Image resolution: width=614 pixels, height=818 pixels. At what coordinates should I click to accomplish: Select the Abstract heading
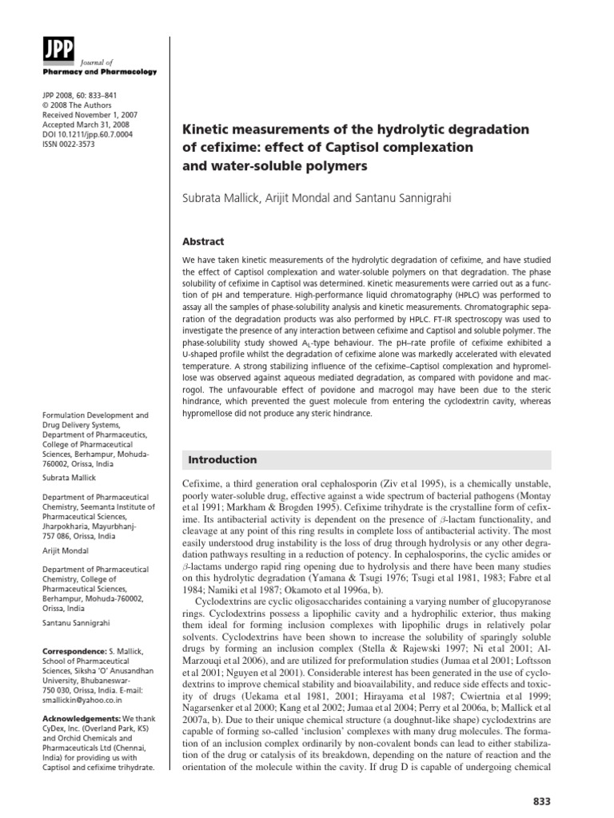[x=205, y=241]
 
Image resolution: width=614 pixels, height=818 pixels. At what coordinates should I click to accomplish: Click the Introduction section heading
[x=221, y=459]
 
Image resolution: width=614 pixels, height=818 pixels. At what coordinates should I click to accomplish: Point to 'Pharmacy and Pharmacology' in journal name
[x=106, y=72]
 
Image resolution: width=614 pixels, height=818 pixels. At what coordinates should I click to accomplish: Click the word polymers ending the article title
[x=329, y=166]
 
